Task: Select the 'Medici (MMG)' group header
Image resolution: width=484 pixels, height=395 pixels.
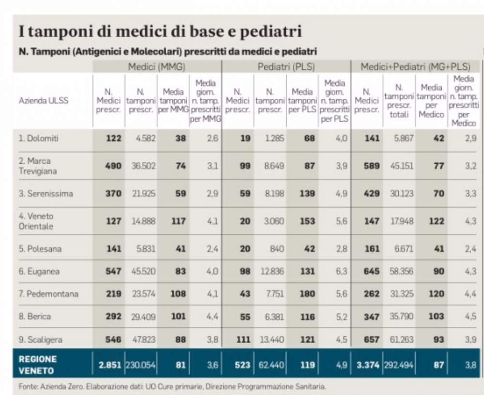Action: tap(156, 67)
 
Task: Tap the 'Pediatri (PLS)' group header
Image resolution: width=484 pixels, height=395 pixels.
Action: tap(286, 67)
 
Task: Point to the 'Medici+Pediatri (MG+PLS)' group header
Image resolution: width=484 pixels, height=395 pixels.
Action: tap(415, 67)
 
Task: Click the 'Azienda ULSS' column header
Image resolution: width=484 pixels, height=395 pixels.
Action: tap(44, 100)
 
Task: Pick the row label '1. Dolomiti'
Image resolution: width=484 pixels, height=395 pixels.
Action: tap(38, 138)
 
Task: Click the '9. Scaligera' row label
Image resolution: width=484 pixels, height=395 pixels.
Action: tap(41, 339)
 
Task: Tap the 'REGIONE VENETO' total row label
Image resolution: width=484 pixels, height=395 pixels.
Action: tap(38, 365)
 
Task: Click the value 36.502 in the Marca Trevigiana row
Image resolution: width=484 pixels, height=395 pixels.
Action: tap(144, 166)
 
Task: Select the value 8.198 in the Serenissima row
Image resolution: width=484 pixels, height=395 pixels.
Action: tap(274, 193)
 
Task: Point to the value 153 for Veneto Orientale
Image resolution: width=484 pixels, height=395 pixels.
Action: tap(307, 221)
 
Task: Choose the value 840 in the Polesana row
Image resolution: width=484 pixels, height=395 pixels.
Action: tap(277, 249)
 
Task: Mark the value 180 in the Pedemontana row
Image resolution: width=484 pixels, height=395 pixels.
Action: tap(307, 294)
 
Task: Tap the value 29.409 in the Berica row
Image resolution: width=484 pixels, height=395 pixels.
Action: tap(144, 317)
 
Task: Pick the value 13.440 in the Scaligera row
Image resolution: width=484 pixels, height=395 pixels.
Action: tap(272, 340)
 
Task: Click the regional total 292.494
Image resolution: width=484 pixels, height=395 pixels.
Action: tap(398, 365)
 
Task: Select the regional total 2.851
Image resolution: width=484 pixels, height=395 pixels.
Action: tap(110, 365)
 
